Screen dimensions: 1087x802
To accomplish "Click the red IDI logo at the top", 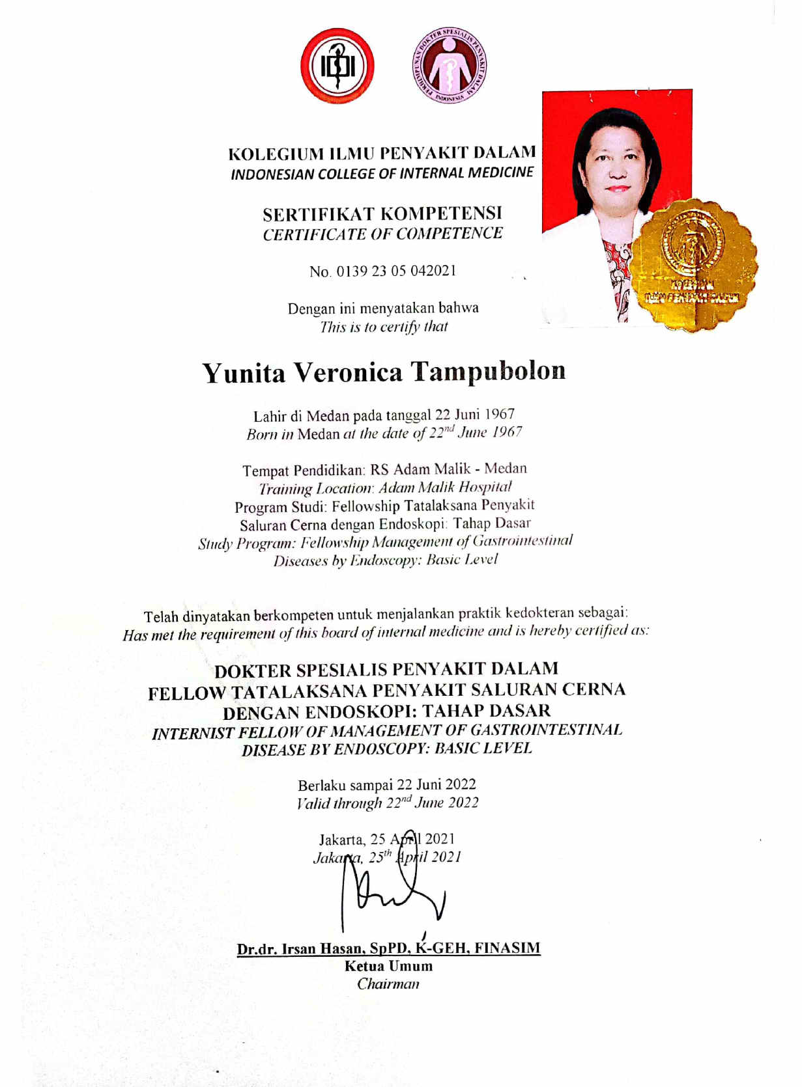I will [337, 66].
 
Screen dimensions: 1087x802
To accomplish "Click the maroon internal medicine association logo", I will [449, 65].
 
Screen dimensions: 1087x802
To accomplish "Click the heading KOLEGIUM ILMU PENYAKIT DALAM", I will [382, 154].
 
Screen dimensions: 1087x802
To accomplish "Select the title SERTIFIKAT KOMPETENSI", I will [382, 213].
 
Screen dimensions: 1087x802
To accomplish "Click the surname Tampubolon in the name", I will [488, 372].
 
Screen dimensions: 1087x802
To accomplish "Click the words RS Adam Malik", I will [420, 469].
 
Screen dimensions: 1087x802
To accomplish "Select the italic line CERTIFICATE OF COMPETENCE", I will [382, 234].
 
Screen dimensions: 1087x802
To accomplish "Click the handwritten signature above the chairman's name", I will [391, 892].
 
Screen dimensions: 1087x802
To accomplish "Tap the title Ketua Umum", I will [388, 966].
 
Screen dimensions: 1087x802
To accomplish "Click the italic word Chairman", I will [388, 984].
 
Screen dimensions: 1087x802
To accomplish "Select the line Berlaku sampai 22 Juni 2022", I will [387, 784].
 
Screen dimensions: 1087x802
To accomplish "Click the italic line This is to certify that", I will [384, 327].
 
